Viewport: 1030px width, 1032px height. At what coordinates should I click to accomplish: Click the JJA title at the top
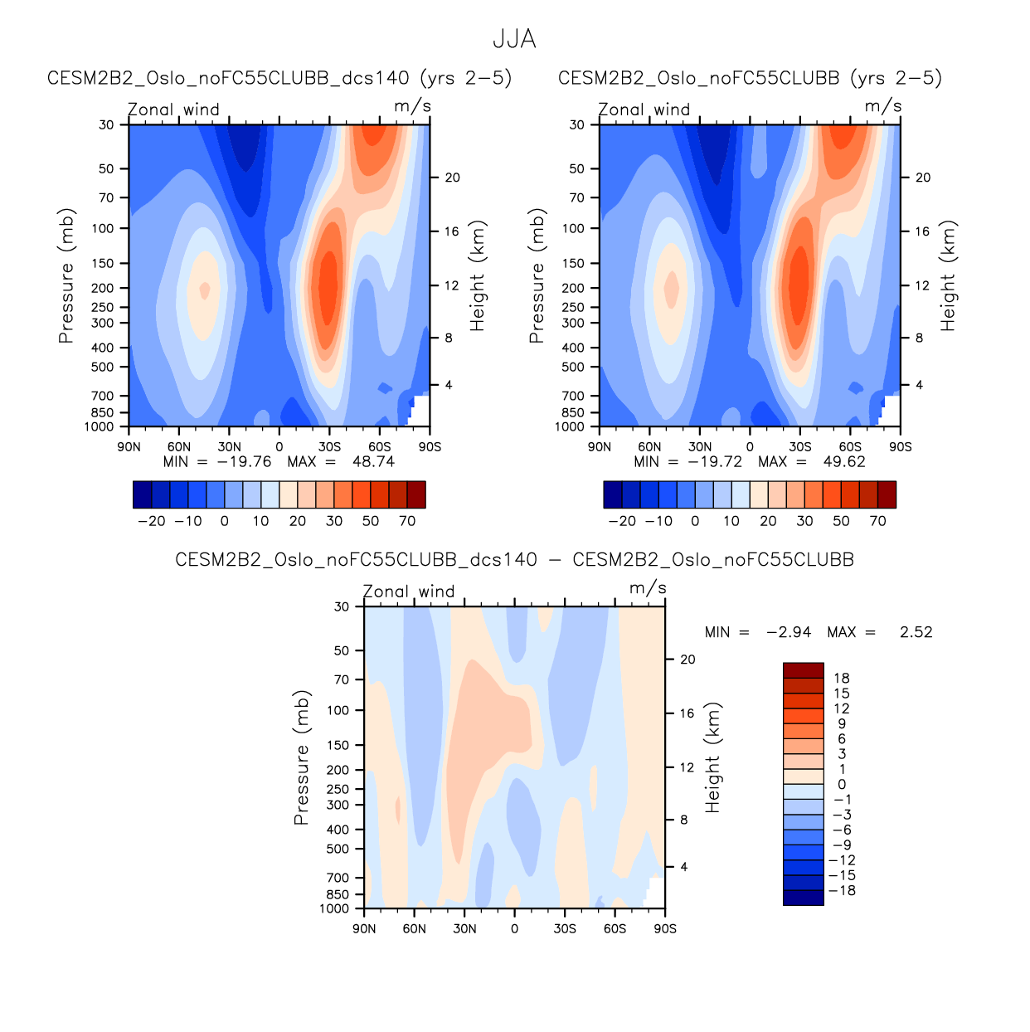pyautogui.click(x=514, y=39)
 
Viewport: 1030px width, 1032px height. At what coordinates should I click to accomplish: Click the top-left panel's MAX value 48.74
pyautogui.click(x=373, y=462)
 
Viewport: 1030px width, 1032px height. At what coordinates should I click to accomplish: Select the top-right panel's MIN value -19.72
pyautogui.click(x=715, y=462)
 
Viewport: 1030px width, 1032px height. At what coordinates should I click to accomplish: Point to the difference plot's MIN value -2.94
pyautogui.click(x=789, y=632)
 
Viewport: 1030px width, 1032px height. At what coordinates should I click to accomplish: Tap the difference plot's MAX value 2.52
pyautogui.click(x=916, y=632)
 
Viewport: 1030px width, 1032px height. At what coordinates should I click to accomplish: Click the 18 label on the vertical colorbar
pyautogui.click(x=842, y=679)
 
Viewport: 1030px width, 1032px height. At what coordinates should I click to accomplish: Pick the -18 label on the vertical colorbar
pyautogui.click(x=842, y=891)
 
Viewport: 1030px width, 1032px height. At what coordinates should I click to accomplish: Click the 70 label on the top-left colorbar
pyautogui.click(x=407, y=521)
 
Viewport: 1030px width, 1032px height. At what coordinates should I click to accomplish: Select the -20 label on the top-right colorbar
pyautogui.click(x=622, y=521)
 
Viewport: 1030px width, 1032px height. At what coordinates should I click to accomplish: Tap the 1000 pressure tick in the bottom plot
pyautogui.click(x=334, y=908)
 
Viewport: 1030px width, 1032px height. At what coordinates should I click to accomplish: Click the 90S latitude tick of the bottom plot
pyautogui.click(x=665, y=929)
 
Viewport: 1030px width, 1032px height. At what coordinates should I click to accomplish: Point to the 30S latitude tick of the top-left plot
pyautogui.click(x=329, y=447)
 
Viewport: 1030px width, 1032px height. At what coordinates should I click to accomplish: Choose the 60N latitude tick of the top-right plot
pyautogui.click(x=649, y=447)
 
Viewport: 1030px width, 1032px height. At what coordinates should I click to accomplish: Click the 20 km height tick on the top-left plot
pyautogui.click(x=452, y=178)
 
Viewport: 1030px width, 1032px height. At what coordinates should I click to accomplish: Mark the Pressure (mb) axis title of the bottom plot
pyautogui.click(x=301, y=757)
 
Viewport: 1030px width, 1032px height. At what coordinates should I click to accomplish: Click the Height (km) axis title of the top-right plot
pyautogui.click(x=948, y=276)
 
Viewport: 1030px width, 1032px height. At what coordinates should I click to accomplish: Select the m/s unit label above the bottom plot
pyautogui.click(x=648, y=588)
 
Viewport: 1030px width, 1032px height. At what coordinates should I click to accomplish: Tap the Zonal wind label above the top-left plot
pyautogui.click(x=173, y=110)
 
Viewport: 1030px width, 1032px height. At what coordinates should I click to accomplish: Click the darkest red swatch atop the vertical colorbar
pyautogui.click(x=803, y=670)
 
